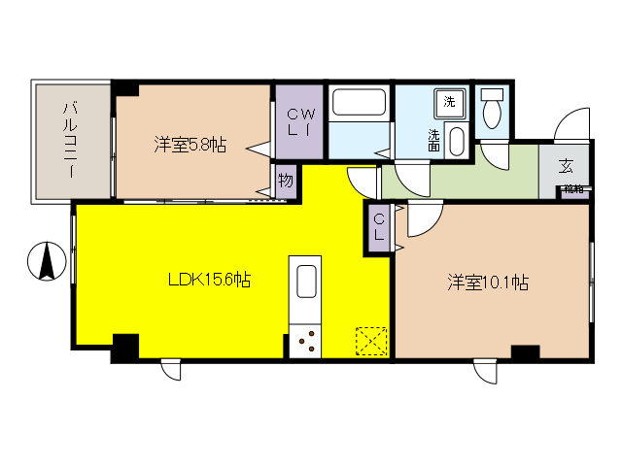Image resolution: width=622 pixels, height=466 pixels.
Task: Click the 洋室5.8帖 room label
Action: coord(190,146)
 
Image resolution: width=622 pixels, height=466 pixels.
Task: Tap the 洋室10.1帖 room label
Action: coord(488,283)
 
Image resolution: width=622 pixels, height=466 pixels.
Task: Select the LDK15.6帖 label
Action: coord(210,281)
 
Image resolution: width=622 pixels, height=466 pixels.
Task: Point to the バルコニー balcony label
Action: coord(71,140)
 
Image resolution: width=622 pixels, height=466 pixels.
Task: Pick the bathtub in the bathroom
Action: coord(359,104)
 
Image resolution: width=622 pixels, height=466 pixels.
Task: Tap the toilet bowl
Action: coord(492,110)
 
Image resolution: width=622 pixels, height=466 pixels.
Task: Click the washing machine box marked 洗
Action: coord(449,102)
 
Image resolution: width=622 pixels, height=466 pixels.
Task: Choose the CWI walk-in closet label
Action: coord(296,122)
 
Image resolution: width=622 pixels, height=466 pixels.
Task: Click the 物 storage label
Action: coord(286,181)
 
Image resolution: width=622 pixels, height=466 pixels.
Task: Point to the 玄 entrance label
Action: coord(565,165)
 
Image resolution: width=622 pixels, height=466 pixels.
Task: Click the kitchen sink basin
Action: coord(304,283)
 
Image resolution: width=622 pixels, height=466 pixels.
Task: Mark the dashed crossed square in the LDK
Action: coord(371,342)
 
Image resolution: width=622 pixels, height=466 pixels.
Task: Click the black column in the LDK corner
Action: coord(124,347)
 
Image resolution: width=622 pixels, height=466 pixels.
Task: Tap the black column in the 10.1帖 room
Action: coord(525,353)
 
